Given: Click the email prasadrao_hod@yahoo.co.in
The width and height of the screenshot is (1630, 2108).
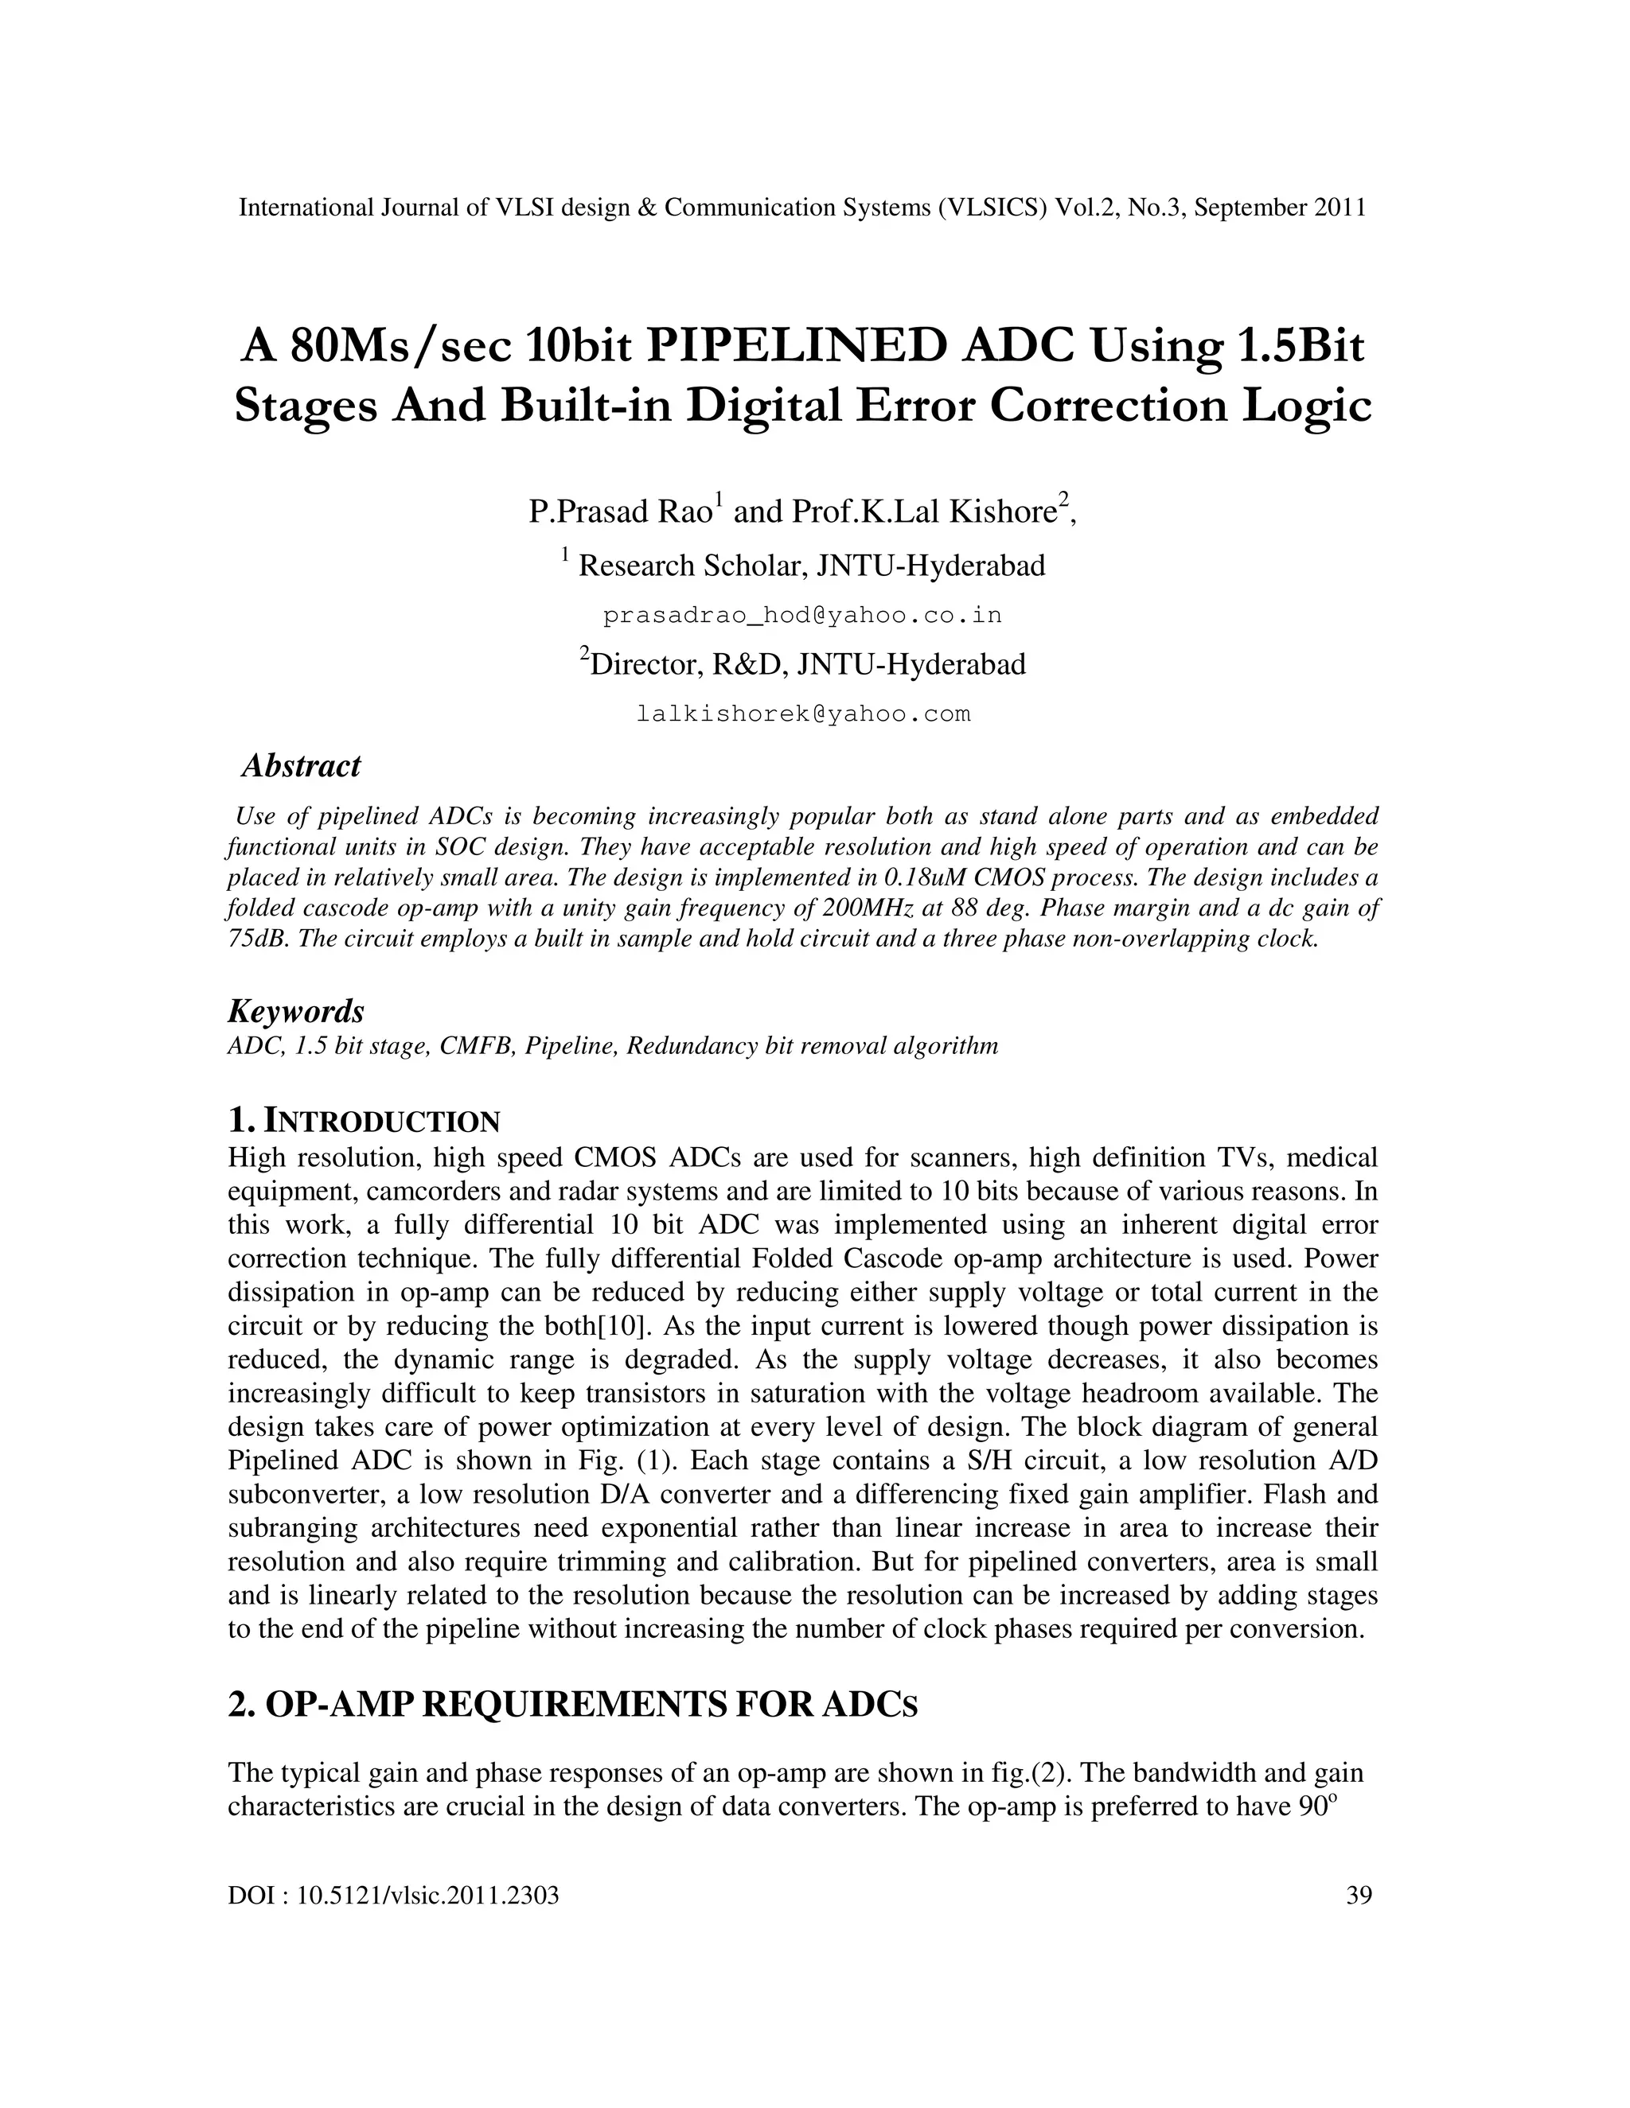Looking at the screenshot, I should pos(801,615).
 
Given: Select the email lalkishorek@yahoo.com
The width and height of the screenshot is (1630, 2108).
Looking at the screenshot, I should pos(803,714).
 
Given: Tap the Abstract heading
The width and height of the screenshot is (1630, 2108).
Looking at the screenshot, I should pos(300,765).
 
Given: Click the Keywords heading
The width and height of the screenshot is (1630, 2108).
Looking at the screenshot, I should pos(295,1012).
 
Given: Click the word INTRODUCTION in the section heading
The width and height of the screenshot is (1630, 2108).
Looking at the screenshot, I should pos(382,1122).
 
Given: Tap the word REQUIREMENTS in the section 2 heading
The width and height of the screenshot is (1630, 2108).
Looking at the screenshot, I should pos(574,1705).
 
